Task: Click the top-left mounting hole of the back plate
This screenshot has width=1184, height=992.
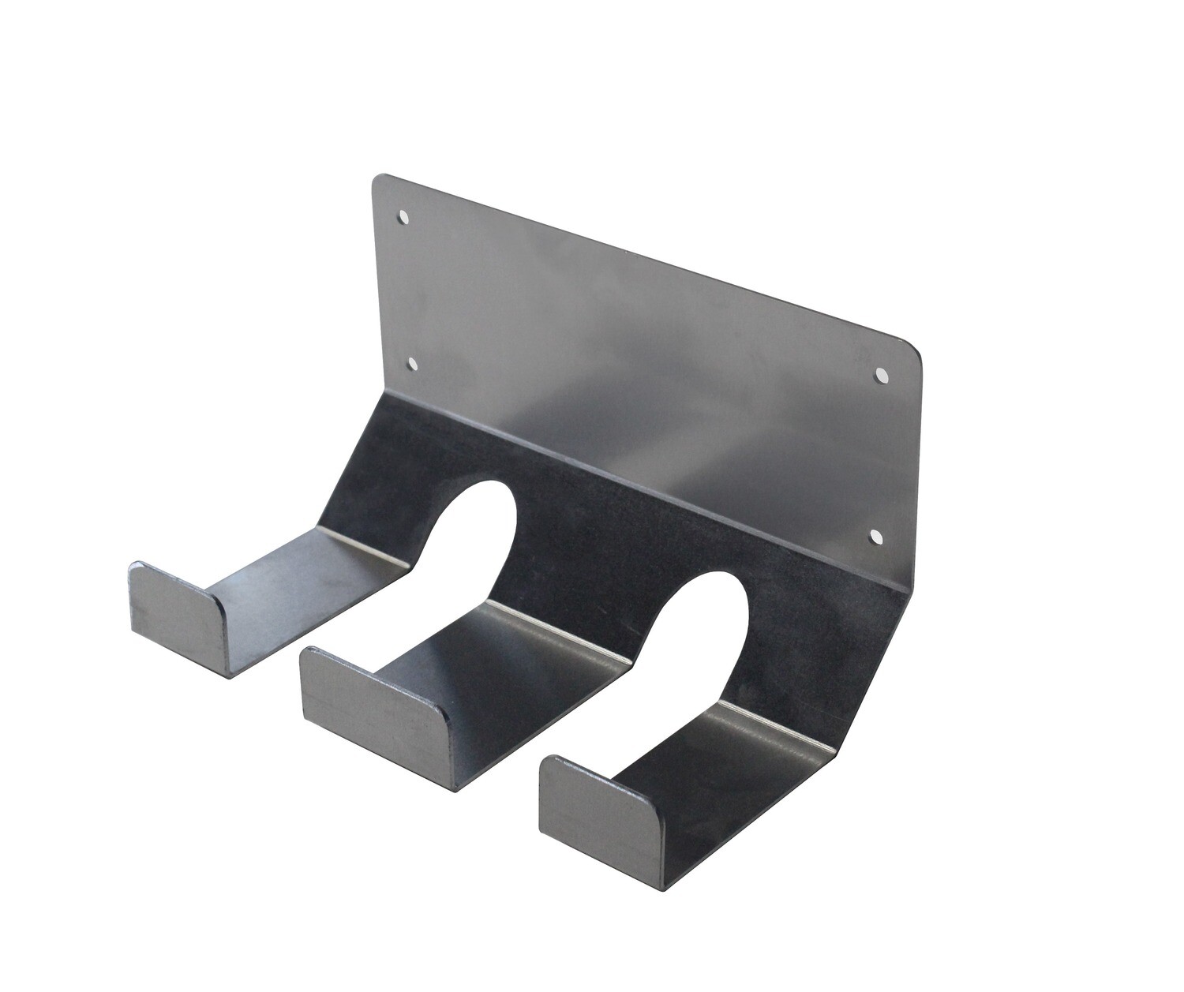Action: (403, 215)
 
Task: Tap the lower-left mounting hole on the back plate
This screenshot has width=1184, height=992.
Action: (412, 363)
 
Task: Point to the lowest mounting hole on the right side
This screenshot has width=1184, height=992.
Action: (875, 536)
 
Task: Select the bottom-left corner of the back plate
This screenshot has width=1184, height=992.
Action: (384, 391)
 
